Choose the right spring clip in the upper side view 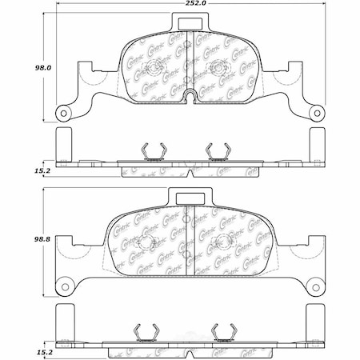(216, 150)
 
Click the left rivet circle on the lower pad (145, 242)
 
